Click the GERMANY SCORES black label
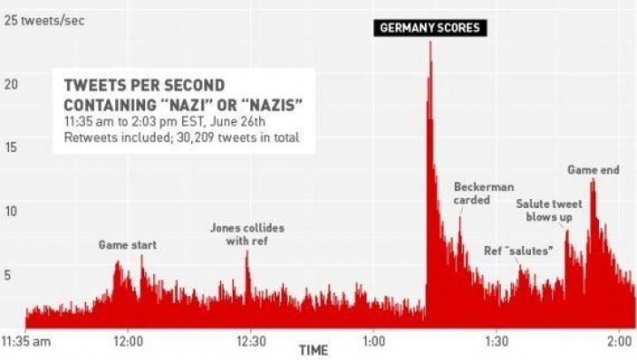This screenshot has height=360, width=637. (x=430, y=27)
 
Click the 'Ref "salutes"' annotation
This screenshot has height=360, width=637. (x=519, y=250)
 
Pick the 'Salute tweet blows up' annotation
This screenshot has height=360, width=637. (x=549, y=210)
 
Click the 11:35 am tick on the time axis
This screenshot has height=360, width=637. (x=26, y=340)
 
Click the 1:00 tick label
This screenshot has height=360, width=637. (x=373, y=340)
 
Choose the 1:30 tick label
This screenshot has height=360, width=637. (x=496, y=340)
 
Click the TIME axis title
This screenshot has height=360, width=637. (x=313, y=350)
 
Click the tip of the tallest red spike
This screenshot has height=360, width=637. (x=430, y=42)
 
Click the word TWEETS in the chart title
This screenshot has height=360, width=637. (x=96, y=87)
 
